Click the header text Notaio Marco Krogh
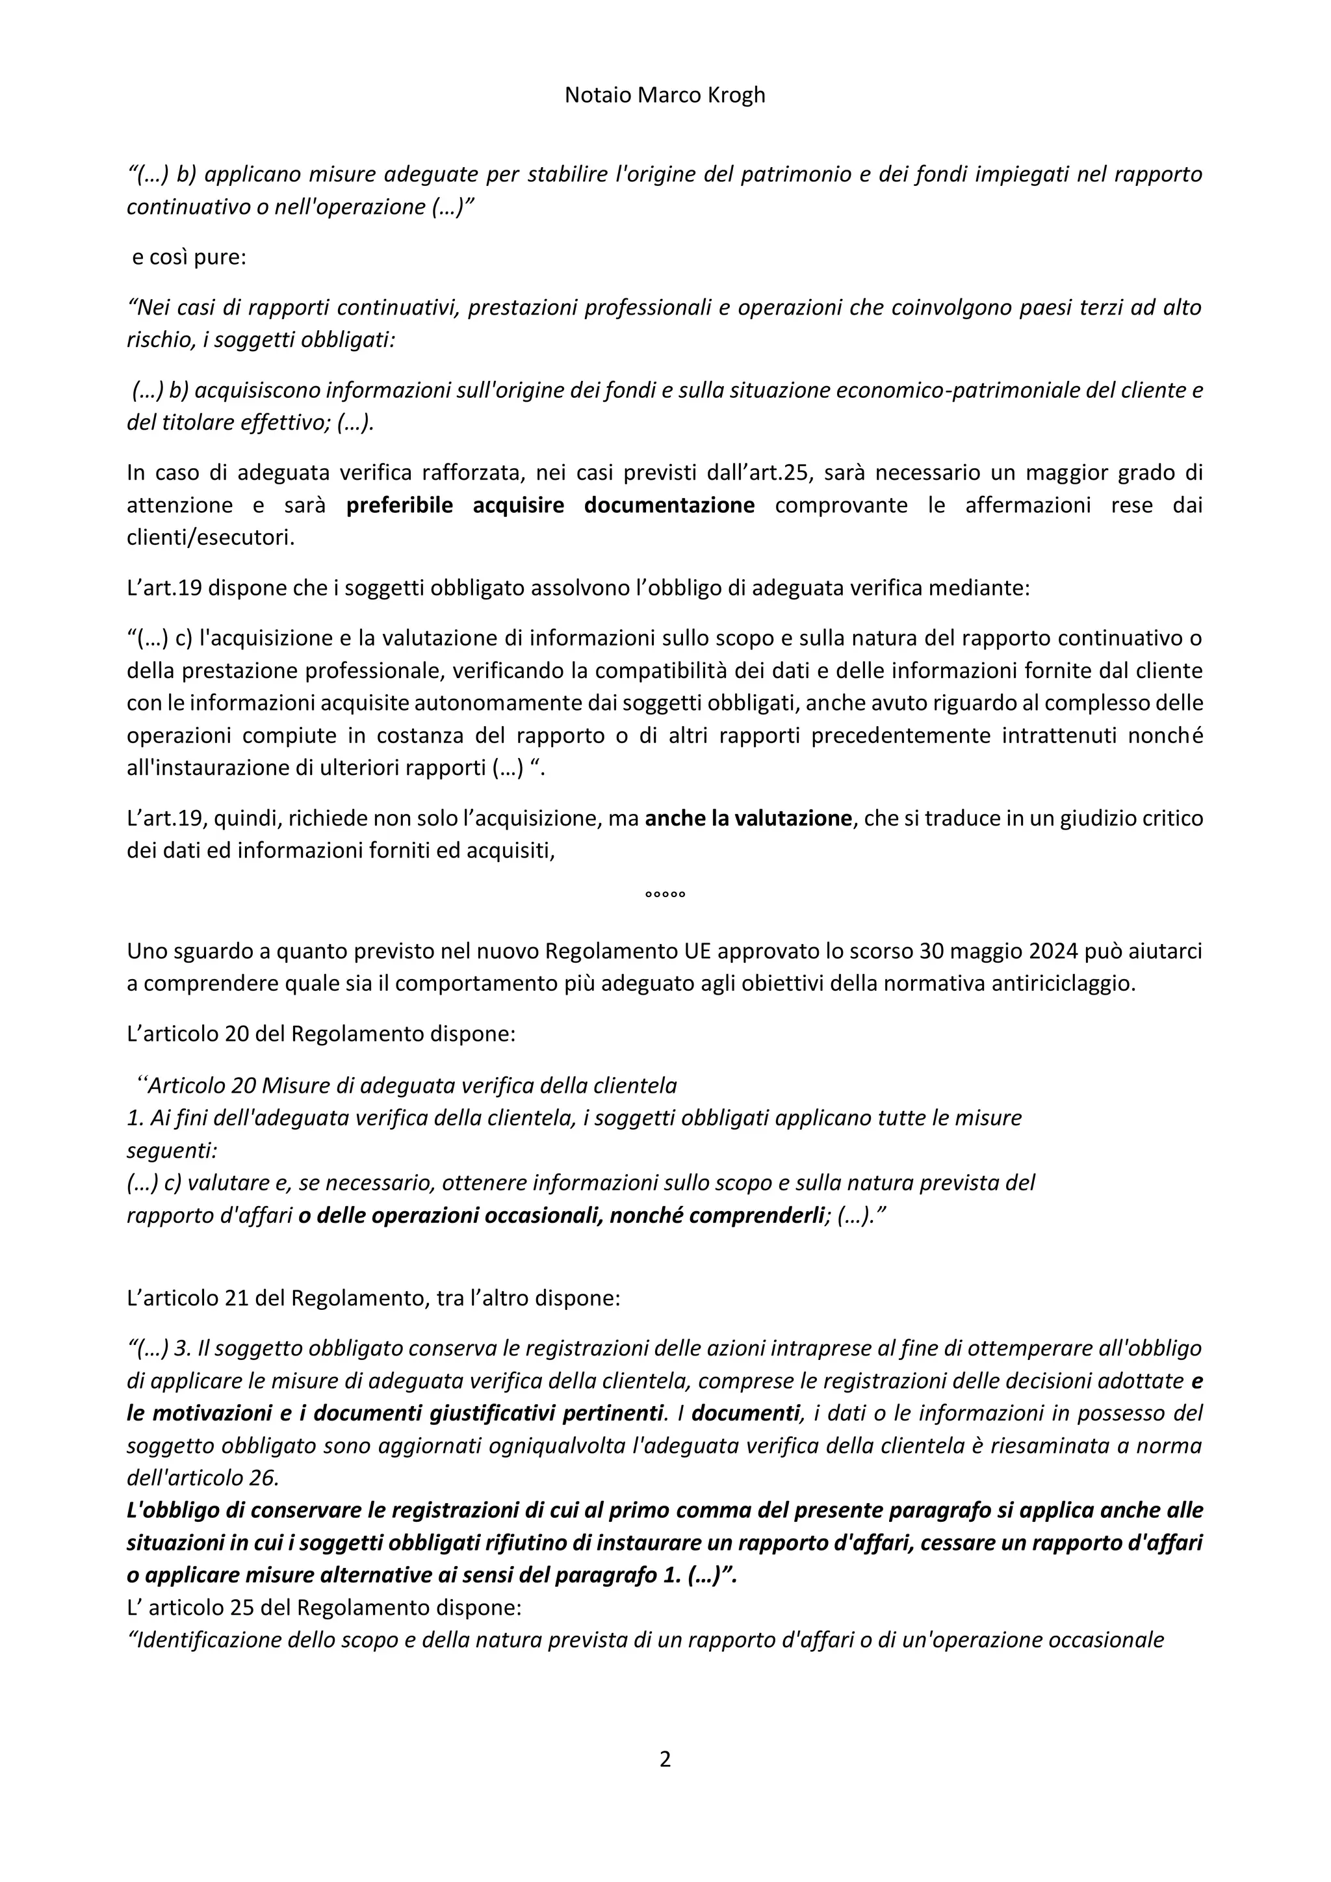[x=665, y=95]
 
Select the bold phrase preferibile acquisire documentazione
[x=550, y=505]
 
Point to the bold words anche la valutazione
[x=748, y=818]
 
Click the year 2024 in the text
[x=1058, y=951]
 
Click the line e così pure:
[x=189, y=257]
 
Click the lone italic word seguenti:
[x=172, y=1150]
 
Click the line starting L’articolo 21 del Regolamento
[x=373, y=1298]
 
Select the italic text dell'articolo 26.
[x=202, y=1477]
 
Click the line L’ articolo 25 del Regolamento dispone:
[x=324, y=1608]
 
